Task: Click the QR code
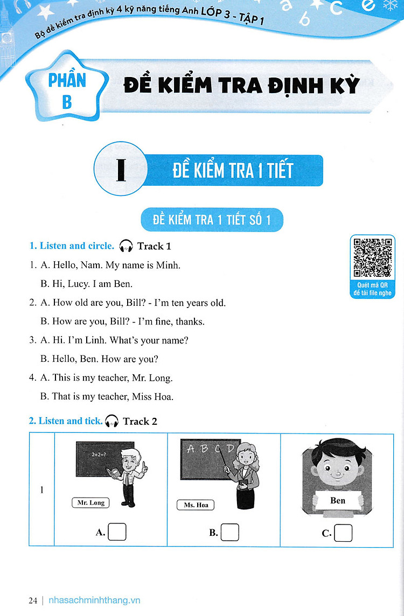point(373,257)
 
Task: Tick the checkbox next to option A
point(117,532)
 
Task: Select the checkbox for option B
point(230,533)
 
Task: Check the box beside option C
point(343,533)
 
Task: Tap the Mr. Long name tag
point(91,502)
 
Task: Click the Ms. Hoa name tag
point(196,505)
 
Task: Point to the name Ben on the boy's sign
point(338,501)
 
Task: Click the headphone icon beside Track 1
point(126,246)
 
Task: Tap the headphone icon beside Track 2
point(112,421)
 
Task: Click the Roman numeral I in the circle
point(121,169)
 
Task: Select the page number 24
point(33,600)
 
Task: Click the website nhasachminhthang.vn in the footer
point(94,600)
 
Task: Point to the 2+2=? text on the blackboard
point(99,454)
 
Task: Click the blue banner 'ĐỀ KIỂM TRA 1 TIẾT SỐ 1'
point(212,220)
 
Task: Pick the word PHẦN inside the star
point(67,80)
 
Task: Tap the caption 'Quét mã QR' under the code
point(372,285)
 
